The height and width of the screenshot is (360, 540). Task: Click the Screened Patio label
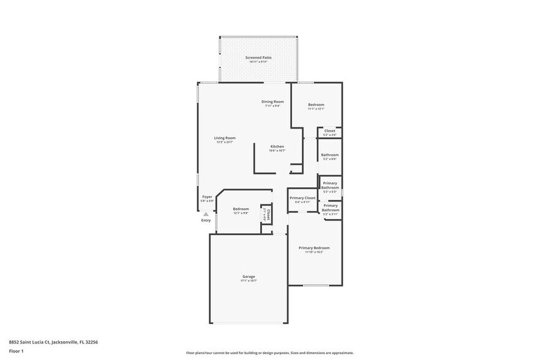click(259, 58)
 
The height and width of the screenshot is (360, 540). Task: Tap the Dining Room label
click(272, 102)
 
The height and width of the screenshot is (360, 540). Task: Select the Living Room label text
click(225, 138)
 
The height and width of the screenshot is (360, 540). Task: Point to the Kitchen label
click(277, 146)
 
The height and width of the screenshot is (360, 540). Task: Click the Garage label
click(249, 276)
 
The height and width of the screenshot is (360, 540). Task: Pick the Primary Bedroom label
click(314, 248)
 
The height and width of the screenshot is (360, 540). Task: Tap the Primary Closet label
click(302, 198)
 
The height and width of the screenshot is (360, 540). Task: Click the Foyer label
click(208, 197)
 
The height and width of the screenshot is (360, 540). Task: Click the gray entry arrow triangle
click(206, 214)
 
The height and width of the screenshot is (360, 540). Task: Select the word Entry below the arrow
click(206, 220)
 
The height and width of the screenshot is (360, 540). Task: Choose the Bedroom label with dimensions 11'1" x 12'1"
click(316, 105)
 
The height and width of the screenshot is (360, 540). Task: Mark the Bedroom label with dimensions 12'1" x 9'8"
click(241, 209)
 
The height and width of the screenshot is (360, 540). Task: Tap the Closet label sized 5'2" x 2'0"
click(329, 130)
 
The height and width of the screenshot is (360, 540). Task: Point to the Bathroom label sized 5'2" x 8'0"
click(329, 155)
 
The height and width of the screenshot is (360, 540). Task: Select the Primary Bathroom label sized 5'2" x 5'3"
click(330, 186)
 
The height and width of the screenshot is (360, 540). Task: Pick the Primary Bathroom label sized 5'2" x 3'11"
click(330, 208)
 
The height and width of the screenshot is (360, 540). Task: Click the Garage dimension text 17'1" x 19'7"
click(249, 280)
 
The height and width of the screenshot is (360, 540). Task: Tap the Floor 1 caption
click(16, 351)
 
